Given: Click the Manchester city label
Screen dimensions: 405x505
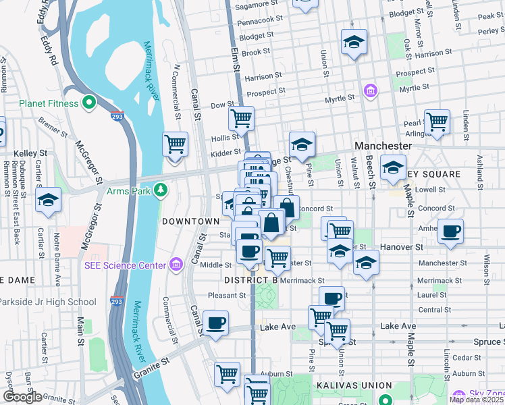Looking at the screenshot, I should click(383, 146).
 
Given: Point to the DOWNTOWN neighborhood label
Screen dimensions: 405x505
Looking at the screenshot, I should click(191, 221).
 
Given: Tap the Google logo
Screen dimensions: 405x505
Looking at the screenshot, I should click(22, 397).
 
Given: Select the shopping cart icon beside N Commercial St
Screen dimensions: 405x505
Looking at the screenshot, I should click(175, 144).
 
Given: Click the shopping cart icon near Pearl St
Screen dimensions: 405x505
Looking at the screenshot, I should click(437, 122).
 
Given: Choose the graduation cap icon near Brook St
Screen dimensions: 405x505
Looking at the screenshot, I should click(354, 42).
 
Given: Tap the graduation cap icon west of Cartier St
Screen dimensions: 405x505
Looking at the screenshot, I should click(48, 200).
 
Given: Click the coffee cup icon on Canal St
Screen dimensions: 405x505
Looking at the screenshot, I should click(215, 323).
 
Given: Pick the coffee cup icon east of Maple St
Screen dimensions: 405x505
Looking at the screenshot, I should click(450, 231).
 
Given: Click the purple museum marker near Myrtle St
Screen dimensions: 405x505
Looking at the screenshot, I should click(369, 90).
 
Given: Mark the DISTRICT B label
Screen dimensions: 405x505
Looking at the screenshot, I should click(250, 279).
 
